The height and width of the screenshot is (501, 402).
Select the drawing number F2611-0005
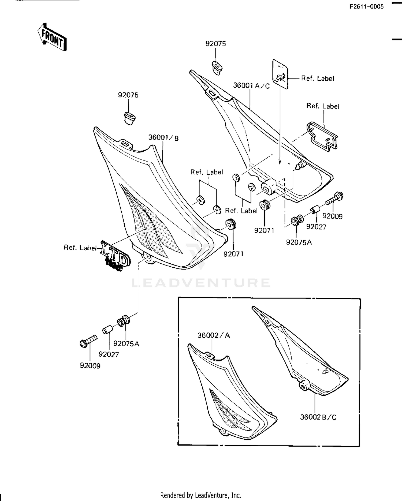[366, 7]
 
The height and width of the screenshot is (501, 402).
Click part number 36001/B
[163, 138]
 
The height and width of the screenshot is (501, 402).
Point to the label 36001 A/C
[251, 86]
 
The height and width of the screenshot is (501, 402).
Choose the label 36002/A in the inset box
[214, 335]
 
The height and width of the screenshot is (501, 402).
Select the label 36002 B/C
[318, 417]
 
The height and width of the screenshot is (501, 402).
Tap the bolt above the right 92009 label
[335, 199]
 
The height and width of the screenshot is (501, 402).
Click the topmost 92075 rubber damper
[217, 68]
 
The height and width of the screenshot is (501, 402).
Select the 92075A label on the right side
[299, 242]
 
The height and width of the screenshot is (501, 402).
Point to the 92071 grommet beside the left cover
[230, 224]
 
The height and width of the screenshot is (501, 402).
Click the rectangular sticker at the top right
[280, 74]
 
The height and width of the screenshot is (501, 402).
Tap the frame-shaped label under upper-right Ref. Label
[322, 137]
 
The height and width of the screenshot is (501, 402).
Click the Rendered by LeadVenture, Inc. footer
[200, 495]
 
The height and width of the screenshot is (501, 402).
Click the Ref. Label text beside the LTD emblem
[80, 248]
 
